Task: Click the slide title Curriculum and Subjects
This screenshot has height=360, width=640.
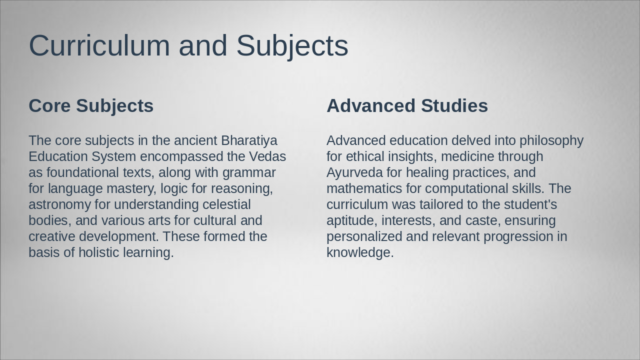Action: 188,45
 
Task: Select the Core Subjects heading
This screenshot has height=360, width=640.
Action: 91,106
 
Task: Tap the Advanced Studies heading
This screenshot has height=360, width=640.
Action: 407,106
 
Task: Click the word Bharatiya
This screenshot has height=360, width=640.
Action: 249,140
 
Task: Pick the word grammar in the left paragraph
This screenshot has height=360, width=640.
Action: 249,172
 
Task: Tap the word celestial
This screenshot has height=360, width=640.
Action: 226,204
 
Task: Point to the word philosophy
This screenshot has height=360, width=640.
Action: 551,140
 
